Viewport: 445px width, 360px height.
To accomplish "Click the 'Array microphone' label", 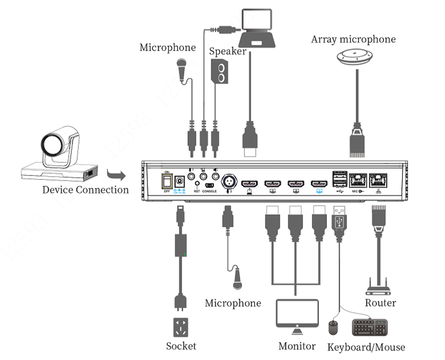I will pos(353,39).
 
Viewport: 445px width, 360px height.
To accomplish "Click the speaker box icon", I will pos(220,72).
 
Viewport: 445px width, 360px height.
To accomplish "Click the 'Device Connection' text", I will pos(85,190).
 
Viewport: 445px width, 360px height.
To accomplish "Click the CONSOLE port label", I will pos(210,191).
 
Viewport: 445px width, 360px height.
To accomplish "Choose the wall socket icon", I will pos(180,328).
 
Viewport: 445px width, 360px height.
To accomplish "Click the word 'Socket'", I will pos(181,346).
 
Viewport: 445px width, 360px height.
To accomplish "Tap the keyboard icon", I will pos(370,327).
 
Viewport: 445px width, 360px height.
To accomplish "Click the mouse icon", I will pos(334,328).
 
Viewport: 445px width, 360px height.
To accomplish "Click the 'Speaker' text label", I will pos(227,52).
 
